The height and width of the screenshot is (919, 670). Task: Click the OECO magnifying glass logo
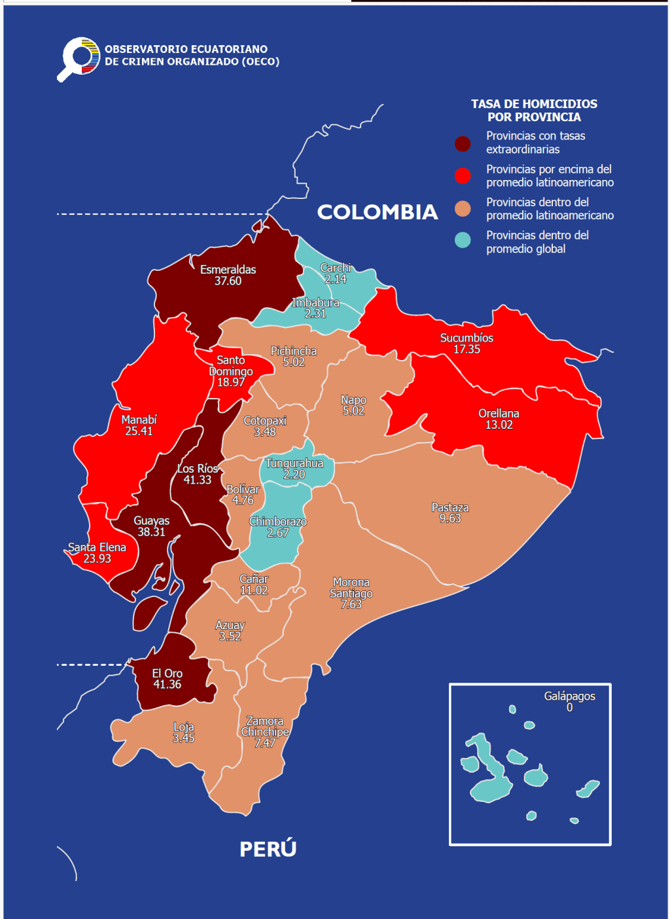[x=79, y=58]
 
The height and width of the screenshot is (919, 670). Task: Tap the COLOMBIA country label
[x=377, y=212]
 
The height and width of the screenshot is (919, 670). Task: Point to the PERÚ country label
[x=268, y=849]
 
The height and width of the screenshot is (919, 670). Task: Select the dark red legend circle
[x=463, y=143]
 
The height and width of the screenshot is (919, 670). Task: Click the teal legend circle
[x=463, y=240]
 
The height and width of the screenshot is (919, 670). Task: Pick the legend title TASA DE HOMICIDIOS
[x=534, y=104]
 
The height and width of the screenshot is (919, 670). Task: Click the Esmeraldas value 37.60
[x=228, y=281]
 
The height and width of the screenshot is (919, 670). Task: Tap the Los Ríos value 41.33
[x=197, y=480]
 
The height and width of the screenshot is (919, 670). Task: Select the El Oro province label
[x=167, y=674]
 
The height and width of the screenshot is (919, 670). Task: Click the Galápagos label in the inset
[x=569, y=696]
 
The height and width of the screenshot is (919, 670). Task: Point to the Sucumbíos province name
[x=467, y=338]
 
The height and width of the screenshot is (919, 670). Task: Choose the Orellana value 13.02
[x=499, y=425]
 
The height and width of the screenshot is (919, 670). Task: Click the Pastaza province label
[x=450, y=507]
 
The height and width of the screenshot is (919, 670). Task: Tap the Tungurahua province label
[x=294, y=463]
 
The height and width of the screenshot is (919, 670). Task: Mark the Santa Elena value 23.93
[x=97, y=558]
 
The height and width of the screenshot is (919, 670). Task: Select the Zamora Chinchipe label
[x=264, y=727]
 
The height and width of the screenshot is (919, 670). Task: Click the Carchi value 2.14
[x=336, y=279]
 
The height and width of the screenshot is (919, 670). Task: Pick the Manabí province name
[x=139, y=420]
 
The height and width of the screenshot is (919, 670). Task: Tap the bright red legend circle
[x=463, y=175]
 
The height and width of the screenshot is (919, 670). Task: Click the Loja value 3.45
[x=183, y=738]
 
